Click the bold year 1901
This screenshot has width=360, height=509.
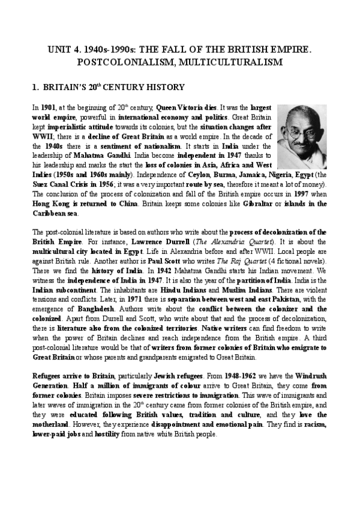pyautogui.click(x=47, y=107)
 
